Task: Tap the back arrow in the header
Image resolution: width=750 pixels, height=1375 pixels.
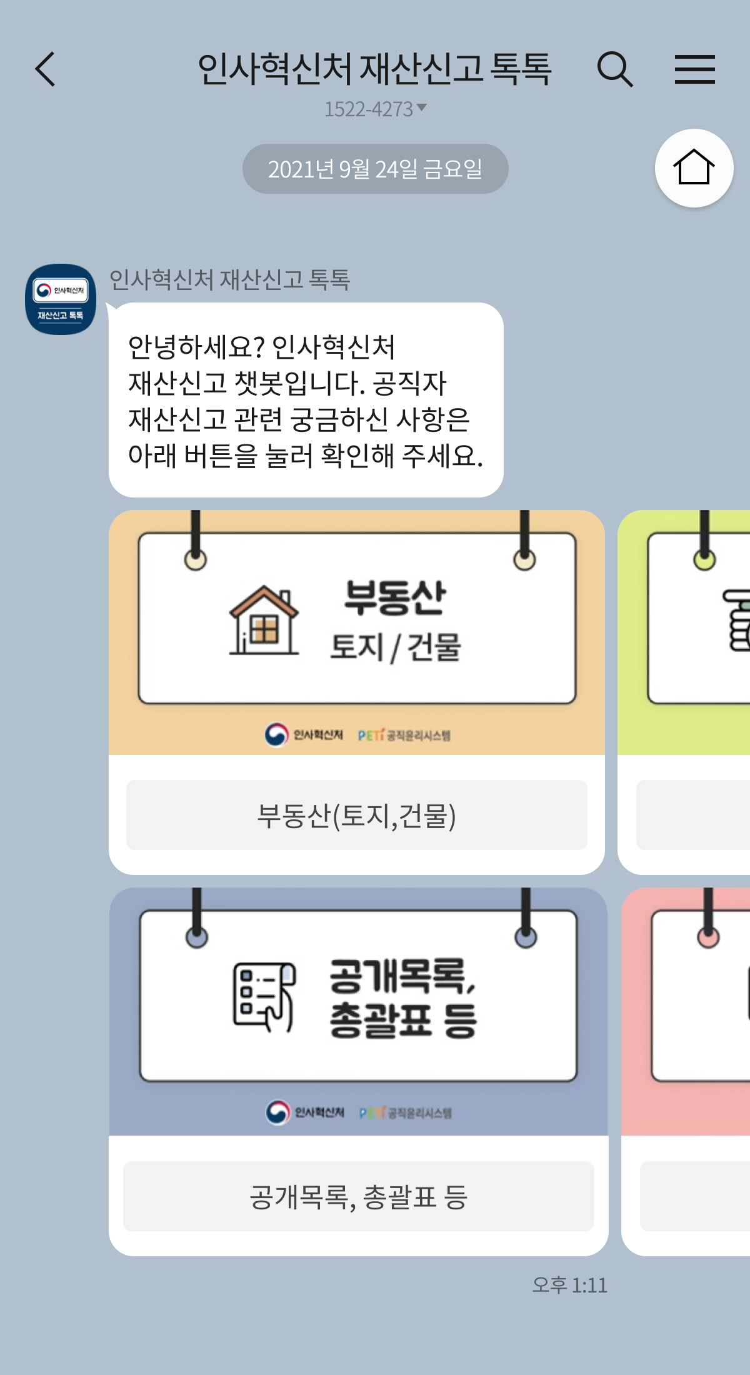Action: point(46,69)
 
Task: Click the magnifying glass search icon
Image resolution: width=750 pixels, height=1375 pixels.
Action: point(615,69)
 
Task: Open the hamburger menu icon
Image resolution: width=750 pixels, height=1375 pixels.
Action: point(694,69)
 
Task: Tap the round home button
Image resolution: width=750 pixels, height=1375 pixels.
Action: point(694,168)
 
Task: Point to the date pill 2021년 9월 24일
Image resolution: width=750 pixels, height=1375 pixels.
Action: point(375,169)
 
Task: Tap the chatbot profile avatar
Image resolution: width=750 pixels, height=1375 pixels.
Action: point(61,299)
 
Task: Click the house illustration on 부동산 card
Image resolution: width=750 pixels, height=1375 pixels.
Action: point(264,620)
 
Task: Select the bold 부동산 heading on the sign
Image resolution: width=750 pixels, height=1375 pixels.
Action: point(395,597)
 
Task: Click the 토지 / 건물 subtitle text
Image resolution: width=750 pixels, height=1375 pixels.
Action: point(395,647)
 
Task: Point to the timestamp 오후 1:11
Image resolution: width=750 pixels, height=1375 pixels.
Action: point(569,1286)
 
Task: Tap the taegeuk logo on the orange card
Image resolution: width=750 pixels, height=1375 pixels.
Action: point(276,735)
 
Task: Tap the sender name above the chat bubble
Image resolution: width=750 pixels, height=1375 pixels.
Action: point(229,279)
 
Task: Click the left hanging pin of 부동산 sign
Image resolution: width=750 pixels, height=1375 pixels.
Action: point(196,559)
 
